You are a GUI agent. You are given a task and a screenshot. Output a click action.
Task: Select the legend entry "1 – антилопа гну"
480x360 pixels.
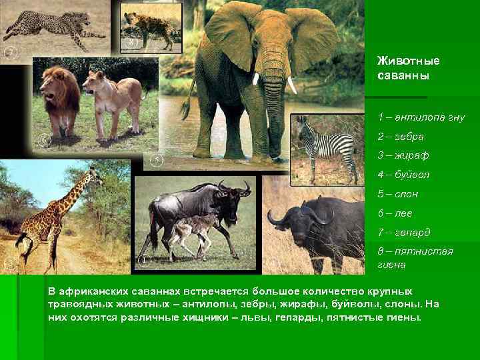421,117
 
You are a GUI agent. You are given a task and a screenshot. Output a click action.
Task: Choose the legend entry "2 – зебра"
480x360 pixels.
401,136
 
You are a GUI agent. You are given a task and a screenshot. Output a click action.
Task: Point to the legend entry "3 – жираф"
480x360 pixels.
403,155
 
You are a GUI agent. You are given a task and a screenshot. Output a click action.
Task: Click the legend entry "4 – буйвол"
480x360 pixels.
403,175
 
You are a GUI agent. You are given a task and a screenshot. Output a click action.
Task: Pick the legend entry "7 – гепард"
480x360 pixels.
404,233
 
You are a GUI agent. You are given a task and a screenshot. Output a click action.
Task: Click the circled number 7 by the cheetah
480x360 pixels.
10,51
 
